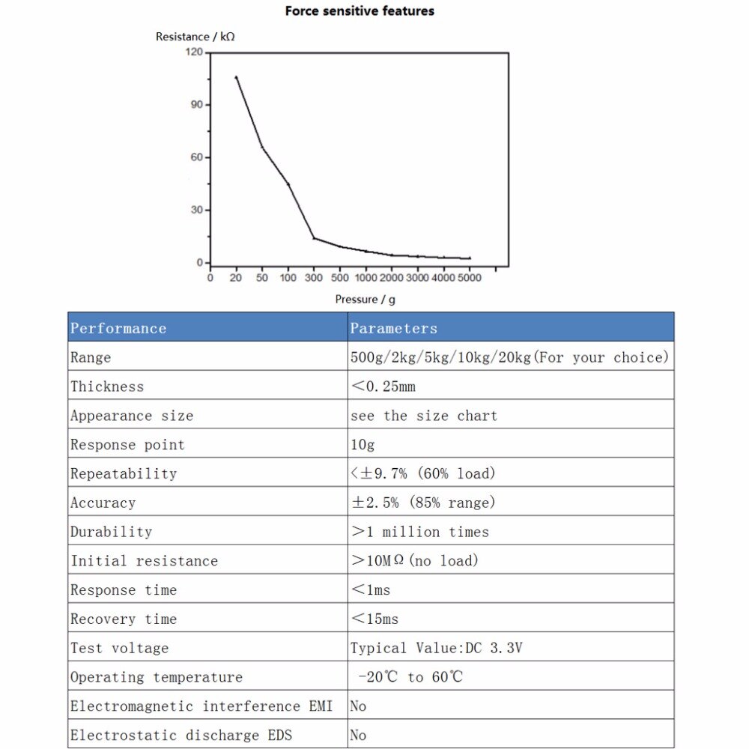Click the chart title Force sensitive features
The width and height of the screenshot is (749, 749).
tap(360, 11)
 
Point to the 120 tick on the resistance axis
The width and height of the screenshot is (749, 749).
tap(194, 52)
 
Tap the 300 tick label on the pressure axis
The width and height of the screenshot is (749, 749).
tap(314, 278)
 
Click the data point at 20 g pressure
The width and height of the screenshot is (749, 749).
tap(237, 77)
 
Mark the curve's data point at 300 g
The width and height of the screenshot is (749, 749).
tap(314, 238)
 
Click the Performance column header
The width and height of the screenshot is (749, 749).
tap(118, 328)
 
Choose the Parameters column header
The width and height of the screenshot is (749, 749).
tap(393, 328)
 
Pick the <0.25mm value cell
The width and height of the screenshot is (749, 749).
tap(383, 386)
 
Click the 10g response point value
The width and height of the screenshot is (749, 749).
tap(363, 445)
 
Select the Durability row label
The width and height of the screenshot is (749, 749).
tap(111, 532)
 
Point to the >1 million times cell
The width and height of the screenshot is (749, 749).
tap(419, 532)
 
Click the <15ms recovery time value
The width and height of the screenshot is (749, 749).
tap(374, 619)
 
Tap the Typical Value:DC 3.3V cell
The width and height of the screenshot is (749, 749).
tap(436, 648)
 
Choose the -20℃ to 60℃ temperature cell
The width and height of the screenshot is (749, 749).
tap(410, 677)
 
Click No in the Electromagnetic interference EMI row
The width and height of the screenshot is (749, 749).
tap(359, 706)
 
